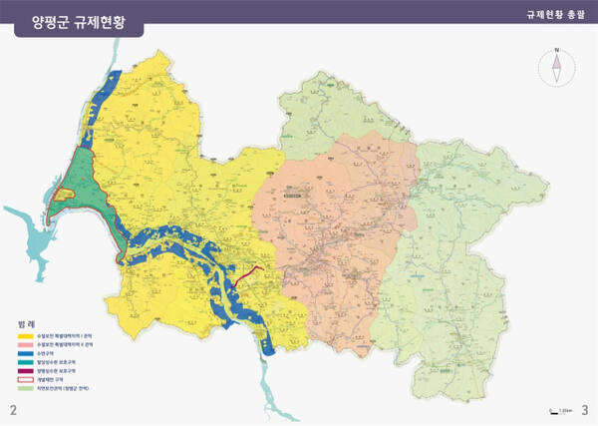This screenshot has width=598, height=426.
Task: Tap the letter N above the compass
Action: click(x=557, y=49)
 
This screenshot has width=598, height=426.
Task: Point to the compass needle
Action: click(x=557, y=68)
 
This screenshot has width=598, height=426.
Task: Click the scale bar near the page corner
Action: click(x=560, y=410)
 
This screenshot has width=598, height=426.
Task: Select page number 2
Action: click(x=13, y=410)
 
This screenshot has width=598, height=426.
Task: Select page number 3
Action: click(x=585, y=410)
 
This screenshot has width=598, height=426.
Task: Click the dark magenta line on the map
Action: click(x=249, y=273)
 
